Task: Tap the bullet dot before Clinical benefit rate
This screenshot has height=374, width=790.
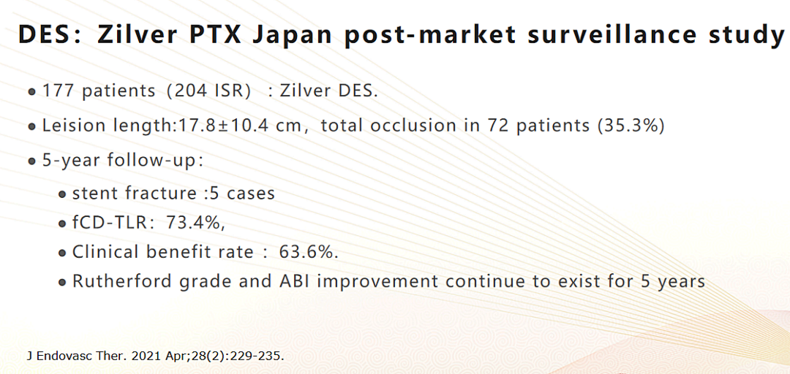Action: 62,253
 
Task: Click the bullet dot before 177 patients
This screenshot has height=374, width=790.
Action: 32,93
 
